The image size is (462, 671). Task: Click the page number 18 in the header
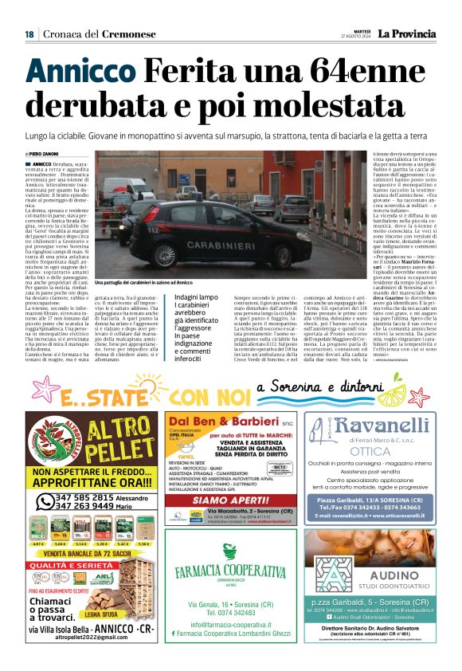tap(29, 34)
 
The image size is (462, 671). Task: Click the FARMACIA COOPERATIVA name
tap(230, 571)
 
